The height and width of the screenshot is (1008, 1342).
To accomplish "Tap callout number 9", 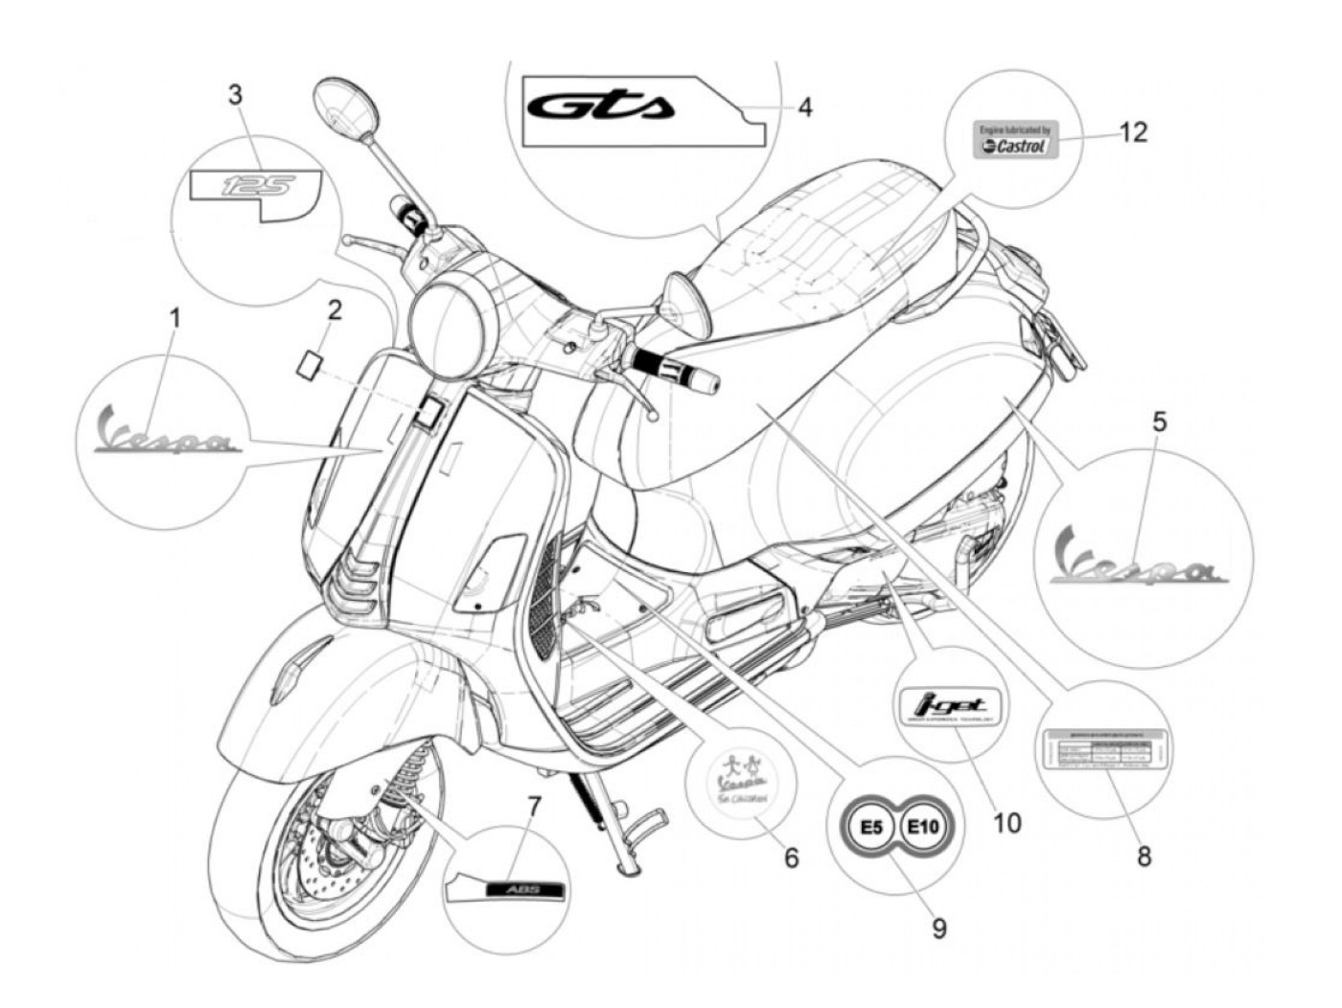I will coord(937,927).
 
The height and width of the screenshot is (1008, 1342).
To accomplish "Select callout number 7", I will coord(533,806).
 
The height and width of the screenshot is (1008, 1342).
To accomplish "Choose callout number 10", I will coord(1006,821).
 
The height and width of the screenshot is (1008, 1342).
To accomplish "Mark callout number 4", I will coord(805,107).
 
